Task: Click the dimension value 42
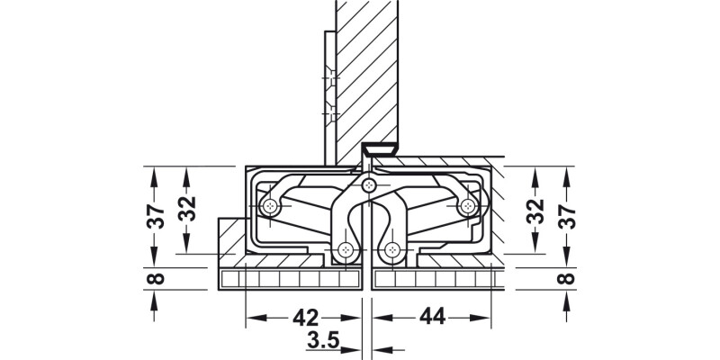pos(306,318)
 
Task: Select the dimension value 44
pos(432,318)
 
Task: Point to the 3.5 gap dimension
pos(322,341)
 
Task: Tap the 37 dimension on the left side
pos(155,216)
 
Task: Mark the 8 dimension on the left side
pos(155,277)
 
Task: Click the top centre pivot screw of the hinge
pos(369,185)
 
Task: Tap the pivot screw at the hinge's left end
pos(270,207)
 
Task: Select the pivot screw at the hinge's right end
pos(467,207)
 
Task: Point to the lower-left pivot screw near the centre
pos(346,250)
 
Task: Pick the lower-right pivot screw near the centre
pos(391,250)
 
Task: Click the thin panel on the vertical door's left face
pos(329,90)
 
